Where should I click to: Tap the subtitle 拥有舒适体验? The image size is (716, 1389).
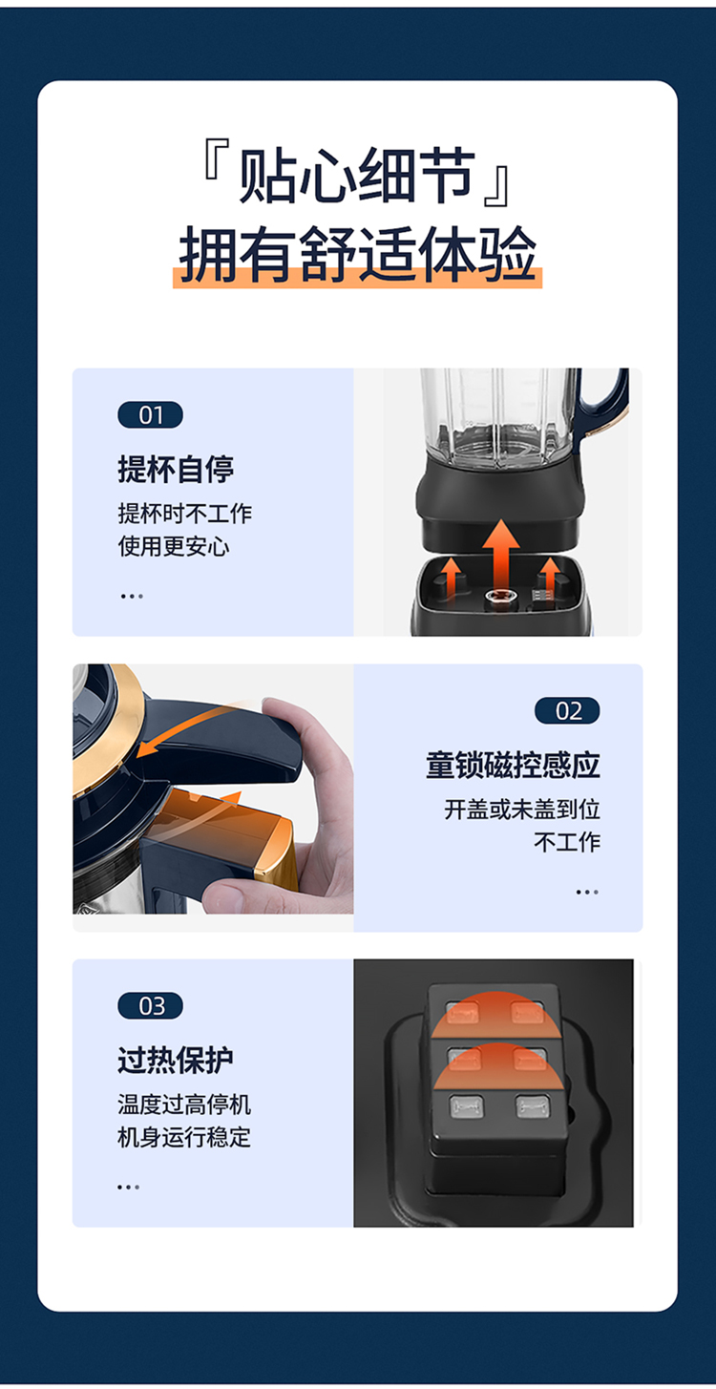358,255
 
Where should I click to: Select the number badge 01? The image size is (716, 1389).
150,415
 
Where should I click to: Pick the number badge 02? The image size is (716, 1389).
567,710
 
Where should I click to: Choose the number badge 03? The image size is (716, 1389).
150,1006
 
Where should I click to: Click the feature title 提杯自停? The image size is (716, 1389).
176,469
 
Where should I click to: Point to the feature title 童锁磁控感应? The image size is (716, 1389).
513,765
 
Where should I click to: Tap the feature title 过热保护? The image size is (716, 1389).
176,1060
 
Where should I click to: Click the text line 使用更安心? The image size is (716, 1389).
174,547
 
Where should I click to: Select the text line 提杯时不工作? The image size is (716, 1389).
185,514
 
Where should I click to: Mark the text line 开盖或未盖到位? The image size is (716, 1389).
522,810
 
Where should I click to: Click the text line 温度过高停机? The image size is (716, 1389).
184,1105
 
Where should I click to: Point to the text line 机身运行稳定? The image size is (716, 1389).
184,1138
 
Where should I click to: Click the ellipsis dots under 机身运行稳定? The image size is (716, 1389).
129,1187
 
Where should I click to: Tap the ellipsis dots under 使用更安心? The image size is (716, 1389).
132,596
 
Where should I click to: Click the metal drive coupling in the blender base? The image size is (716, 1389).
495,598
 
